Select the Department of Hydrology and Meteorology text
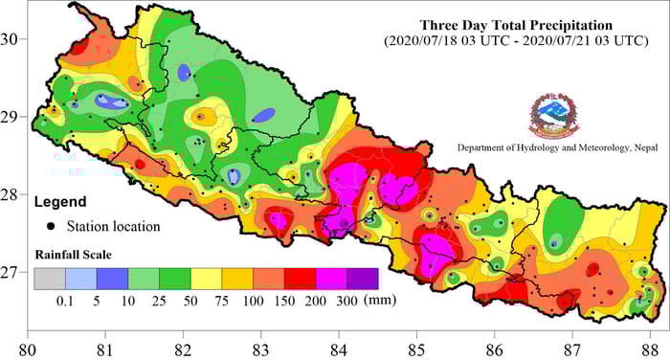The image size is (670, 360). click(x=549, y=148)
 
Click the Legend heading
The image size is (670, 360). click(x=60, y=202)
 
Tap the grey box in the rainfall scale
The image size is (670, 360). click(x=49, y=279)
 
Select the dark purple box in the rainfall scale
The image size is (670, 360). click(x=362, y=279)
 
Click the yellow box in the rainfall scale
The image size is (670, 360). click(x=206, y=279)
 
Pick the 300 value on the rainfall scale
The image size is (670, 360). click(x=346, y=300)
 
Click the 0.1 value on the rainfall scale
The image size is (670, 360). click(x=65, y=300)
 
